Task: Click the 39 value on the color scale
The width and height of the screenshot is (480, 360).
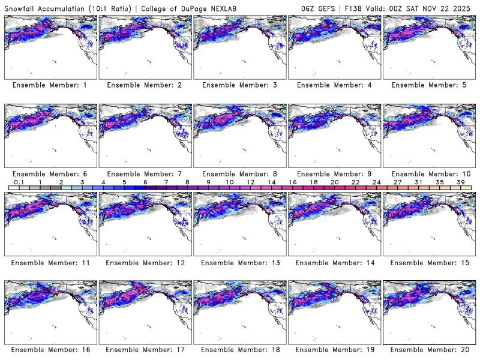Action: pyautogui.click(x=460, y=182)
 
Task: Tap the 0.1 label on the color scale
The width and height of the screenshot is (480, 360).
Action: pyautogui.click(x=19, y=182)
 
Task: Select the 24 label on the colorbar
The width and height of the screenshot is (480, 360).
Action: pyautogui.click(x=376, y=182)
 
